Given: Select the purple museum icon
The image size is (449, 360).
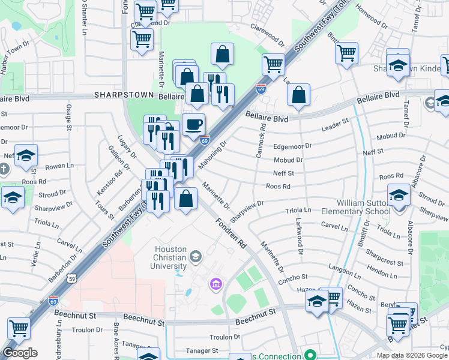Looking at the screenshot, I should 215,284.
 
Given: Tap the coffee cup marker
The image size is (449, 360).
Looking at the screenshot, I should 193,125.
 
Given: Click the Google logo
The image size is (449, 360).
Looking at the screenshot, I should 20,353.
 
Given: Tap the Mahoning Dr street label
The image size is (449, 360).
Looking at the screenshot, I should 215,155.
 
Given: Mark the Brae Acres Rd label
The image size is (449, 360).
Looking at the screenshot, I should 116,338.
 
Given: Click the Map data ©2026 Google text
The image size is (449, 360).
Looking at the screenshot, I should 412,355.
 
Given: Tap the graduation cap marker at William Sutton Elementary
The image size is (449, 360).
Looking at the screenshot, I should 399,196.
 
